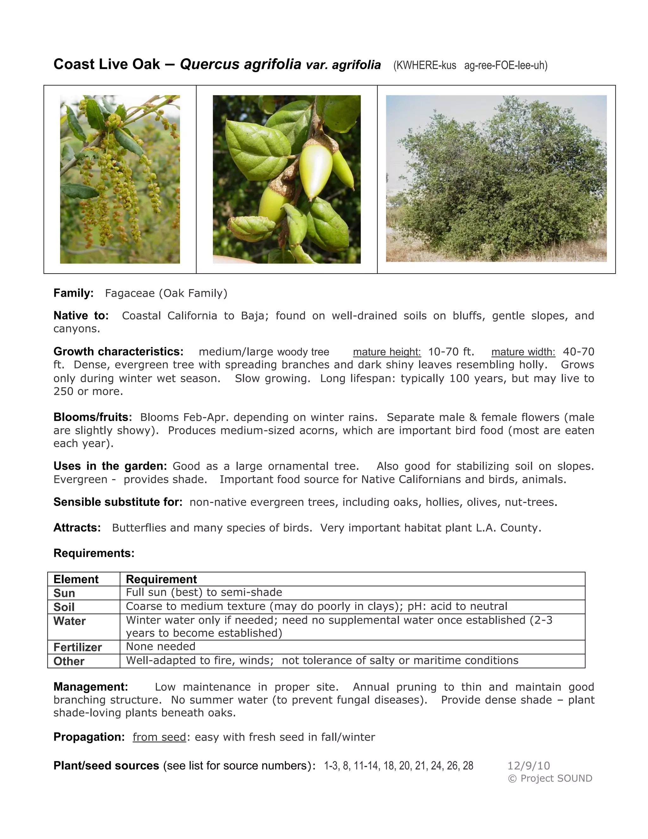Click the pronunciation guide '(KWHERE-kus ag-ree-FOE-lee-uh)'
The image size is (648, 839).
pos(470,66)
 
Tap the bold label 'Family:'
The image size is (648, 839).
pos(73,293)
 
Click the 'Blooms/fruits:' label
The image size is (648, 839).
pos(92,417)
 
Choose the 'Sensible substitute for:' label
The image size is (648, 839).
pos(118,502)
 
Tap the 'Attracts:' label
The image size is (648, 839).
pos(77,527)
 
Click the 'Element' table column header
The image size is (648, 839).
pos(76,579)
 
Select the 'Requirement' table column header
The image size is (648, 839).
pos(161,579)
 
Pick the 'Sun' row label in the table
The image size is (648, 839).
pos(64,593)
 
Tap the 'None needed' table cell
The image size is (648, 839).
pos(160,646)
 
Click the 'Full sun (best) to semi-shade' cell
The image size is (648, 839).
pos(204,592)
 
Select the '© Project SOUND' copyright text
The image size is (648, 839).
pos(550,778)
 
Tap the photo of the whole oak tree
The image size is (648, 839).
pos(496,179)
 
